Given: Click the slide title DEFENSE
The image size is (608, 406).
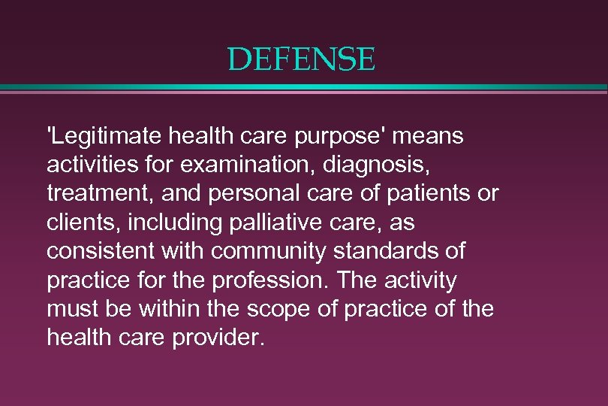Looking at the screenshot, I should coord(301,59).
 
